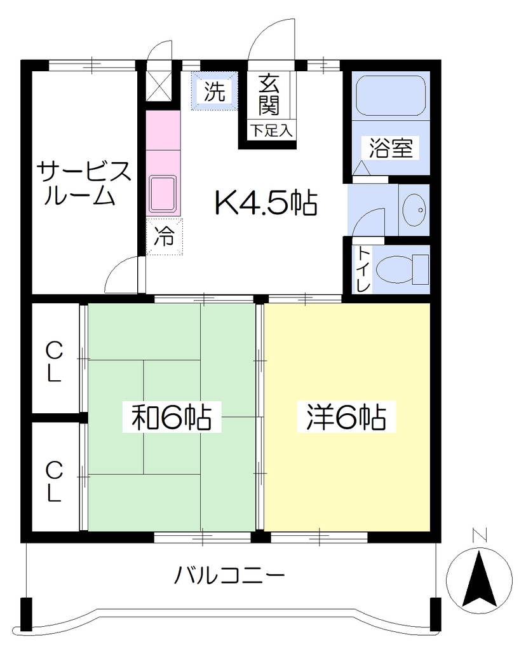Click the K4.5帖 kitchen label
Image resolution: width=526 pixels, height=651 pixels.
click(266, 203)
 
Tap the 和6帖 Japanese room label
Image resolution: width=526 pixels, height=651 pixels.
click(172, 417)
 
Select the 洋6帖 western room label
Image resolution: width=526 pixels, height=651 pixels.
click(347, 417)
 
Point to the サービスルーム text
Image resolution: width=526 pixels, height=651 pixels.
click(84, 184)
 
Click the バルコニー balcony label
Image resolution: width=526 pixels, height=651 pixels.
click(229, 575)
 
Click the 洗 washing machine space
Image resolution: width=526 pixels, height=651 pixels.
click(215, 92)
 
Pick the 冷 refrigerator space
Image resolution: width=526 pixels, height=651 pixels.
click(165, 236)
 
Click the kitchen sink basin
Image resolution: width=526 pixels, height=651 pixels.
click(163, 194)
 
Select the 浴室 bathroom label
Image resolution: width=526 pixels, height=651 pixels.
click(391, 147)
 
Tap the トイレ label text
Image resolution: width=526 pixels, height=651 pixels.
click(363, 269)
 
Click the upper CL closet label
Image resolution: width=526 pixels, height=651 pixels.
click(53, 362)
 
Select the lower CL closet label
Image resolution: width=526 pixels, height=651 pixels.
click(53, 482)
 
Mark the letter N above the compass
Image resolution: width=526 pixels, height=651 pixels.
click(480, 536)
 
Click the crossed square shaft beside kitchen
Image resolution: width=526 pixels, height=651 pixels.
click(158, 86)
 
